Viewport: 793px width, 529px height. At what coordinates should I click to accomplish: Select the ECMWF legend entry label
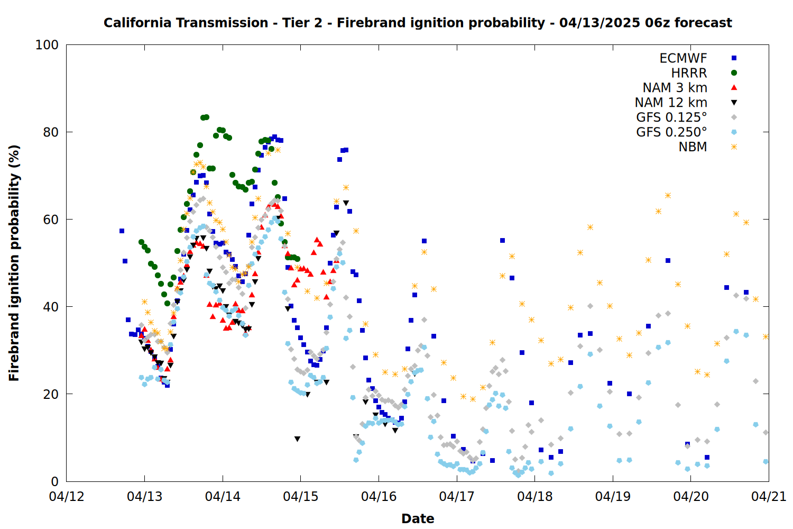coord(683,58)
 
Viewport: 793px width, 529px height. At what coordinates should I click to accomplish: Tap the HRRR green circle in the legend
coord(734,73)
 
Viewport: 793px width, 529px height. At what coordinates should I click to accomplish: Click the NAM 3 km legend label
coord(675,87)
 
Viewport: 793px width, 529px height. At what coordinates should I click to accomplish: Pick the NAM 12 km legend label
coord(671,103)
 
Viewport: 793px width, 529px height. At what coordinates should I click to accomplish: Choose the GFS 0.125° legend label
coord(671,117)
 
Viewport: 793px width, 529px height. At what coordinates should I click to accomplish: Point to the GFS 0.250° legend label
coord(671,132)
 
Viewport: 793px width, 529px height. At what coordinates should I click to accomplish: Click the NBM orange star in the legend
coord(734,147)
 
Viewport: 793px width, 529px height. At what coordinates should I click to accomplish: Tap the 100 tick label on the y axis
coord(47,45)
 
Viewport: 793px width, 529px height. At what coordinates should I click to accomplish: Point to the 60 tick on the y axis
coord(51,220)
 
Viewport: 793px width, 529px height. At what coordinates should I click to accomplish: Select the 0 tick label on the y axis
coord(55,481)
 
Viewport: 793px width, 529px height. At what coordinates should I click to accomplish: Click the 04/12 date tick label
coord(67,496)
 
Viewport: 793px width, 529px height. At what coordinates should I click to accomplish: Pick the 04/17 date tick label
coord(457,496)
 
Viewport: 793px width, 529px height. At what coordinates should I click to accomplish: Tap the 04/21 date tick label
coord(769,496)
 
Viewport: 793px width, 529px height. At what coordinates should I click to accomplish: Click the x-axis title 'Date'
coord(418,519)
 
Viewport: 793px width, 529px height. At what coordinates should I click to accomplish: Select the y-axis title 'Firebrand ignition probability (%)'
coord(14,263)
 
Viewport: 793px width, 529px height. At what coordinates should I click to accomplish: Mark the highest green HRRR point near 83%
coord(206,117)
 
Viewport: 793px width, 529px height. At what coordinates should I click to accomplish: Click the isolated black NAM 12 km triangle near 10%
coord(297,439)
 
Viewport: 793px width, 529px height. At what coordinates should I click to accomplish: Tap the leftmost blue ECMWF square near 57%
coord(122,231)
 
